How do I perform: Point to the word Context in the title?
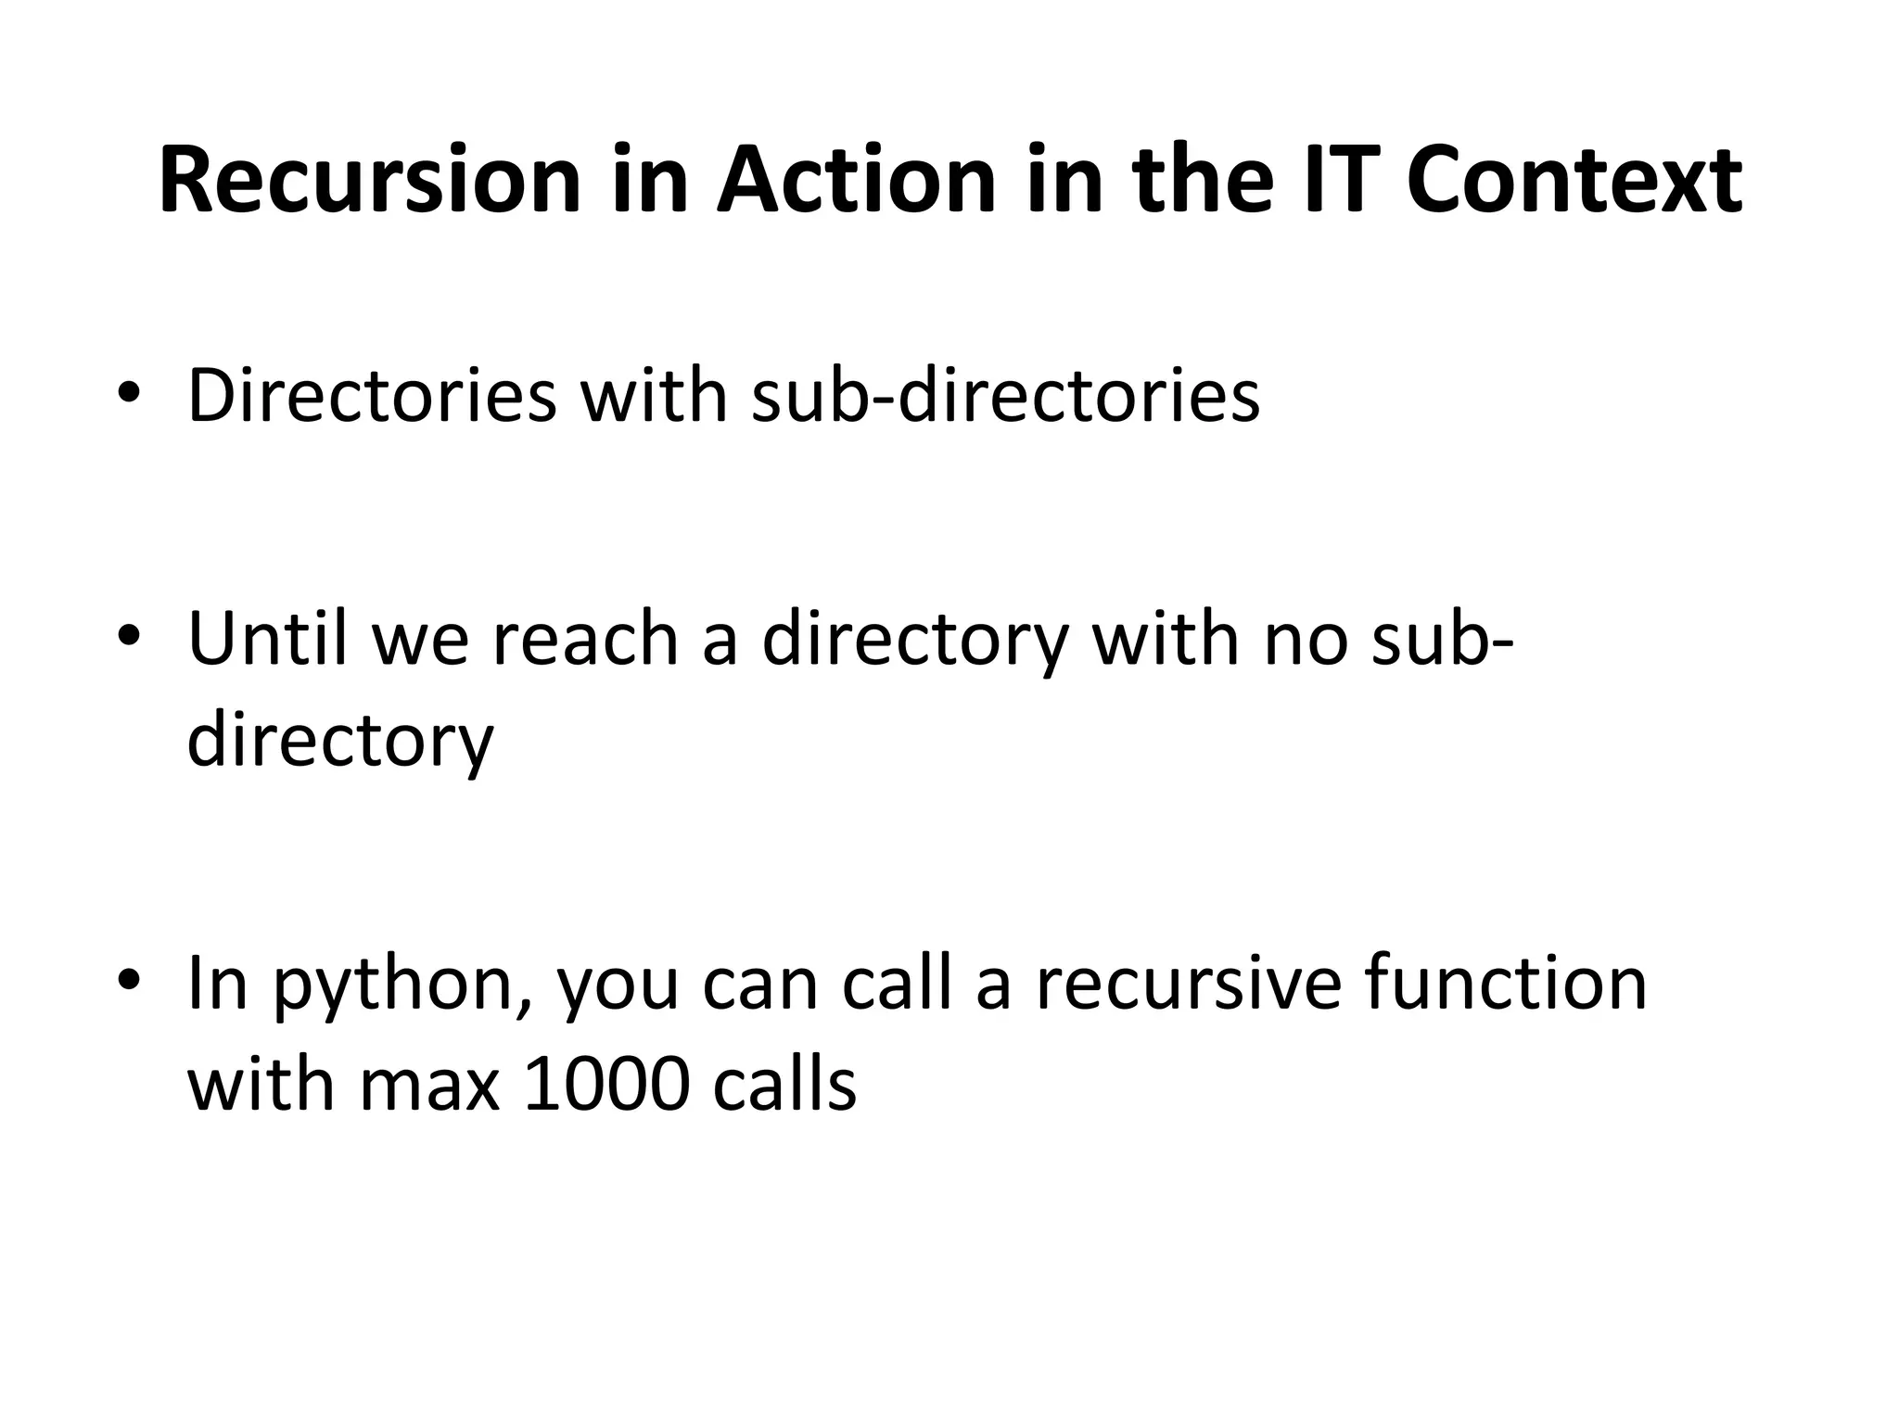(1574, 181)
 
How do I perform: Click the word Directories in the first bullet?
(372, 396)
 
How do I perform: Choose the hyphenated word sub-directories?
(1005, 396)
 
